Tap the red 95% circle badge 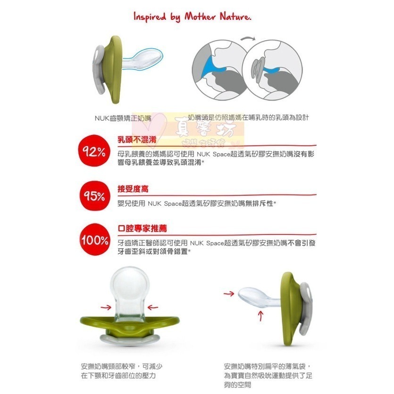(x=94, y=195)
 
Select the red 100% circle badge (x=94, y=240)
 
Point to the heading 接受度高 (x=133, y=189)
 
